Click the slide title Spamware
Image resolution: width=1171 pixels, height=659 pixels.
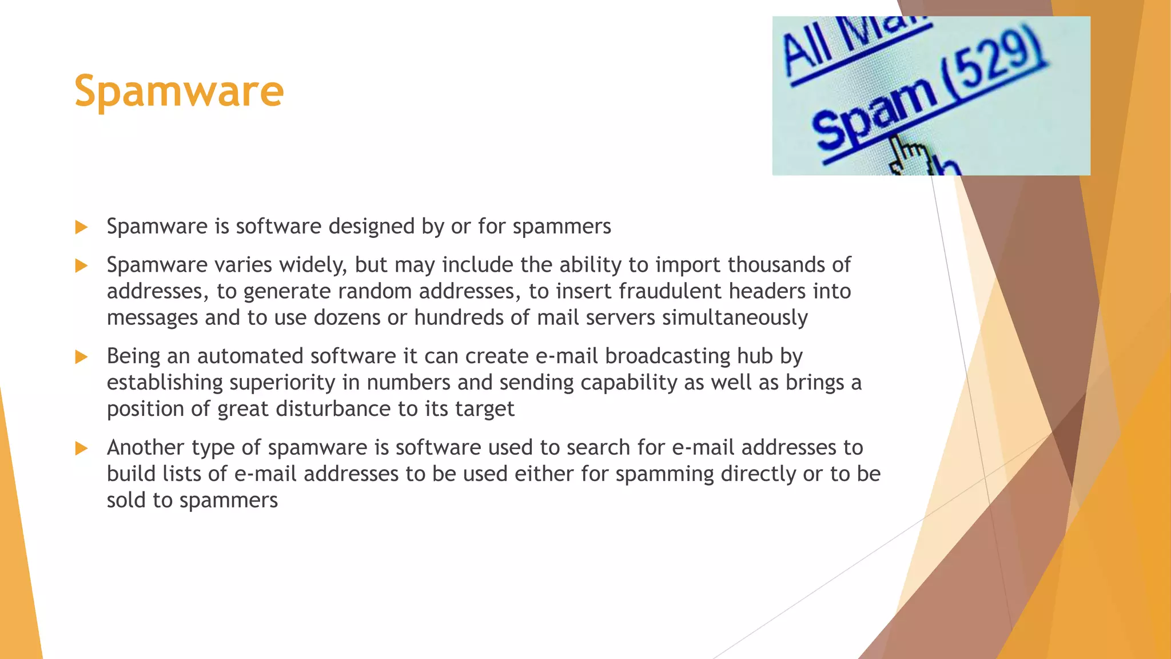[179, 92]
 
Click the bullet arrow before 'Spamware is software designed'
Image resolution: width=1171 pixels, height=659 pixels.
[81, 227]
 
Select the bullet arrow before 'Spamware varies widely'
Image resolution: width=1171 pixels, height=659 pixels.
[81, 265]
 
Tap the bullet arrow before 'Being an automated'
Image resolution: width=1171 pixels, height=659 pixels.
[81, 357]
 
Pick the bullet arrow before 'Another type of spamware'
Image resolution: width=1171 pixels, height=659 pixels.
[81, 448]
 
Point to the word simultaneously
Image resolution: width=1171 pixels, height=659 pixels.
[735, 317]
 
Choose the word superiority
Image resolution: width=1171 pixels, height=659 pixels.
[282, 383]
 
